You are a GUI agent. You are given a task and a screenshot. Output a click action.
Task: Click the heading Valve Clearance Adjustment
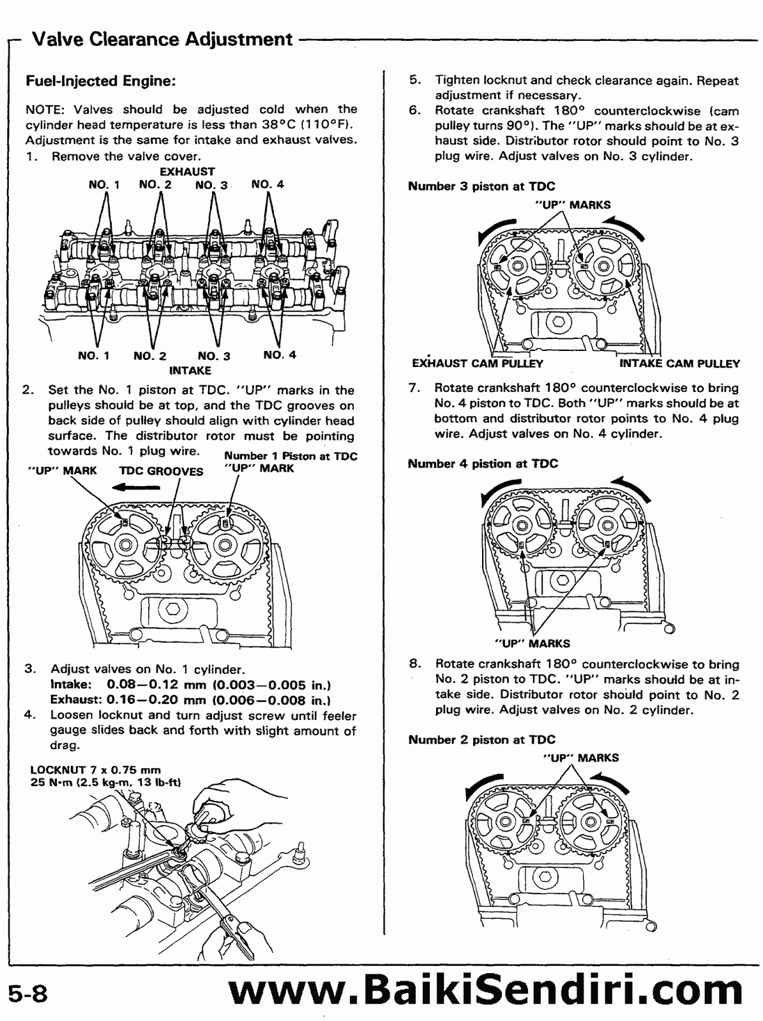click(162, 40)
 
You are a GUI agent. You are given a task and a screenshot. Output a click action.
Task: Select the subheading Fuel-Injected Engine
click(100, 82)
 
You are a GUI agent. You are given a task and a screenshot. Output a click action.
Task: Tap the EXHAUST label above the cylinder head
click(186, 171)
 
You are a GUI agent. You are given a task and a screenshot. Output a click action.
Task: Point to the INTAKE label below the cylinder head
click(190, 370)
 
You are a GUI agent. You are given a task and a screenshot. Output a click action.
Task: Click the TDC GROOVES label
click(161, 472)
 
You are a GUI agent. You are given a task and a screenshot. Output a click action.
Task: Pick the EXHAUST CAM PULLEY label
click(478, 364)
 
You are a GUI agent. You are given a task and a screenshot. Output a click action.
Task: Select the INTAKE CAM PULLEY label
click(679, 364)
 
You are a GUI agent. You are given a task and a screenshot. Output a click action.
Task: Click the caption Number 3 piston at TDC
click(481, 186)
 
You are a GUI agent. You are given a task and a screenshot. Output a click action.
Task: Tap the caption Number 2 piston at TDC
click(481, 740)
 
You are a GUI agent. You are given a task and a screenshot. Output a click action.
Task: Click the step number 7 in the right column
click(413, 388)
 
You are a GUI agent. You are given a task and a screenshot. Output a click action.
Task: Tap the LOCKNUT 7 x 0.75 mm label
click(96, 770)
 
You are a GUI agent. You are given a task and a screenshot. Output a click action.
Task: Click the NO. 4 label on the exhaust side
click(268, 184)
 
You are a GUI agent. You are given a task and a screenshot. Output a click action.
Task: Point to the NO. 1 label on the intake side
click(94, 355)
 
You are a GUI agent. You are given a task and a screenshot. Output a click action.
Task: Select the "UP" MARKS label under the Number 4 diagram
click(533, 643)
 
